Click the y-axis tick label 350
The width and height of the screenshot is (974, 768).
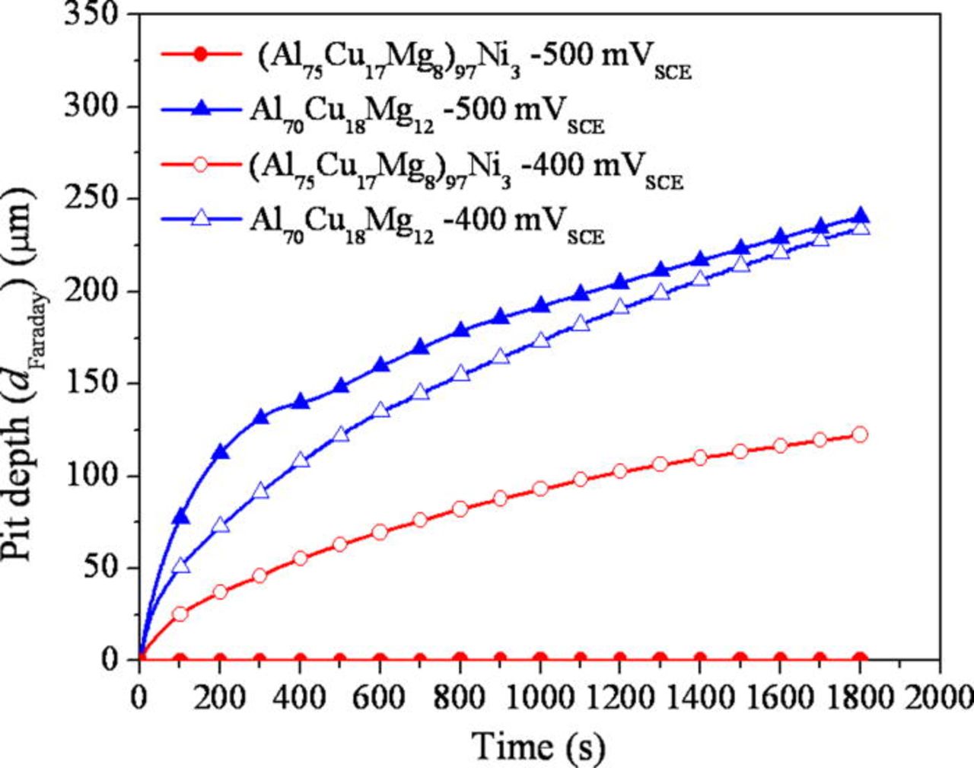92,13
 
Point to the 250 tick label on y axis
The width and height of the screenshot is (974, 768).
92,198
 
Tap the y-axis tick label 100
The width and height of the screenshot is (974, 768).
92,475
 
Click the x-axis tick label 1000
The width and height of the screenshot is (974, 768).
539,696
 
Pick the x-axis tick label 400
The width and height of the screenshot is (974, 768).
299,696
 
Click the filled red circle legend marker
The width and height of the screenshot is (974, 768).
199,54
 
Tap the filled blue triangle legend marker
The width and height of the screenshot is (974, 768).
199,109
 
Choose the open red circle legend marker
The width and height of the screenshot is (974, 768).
199,164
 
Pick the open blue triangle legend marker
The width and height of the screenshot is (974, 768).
199,219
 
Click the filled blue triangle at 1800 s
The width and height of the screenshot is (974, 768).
860,216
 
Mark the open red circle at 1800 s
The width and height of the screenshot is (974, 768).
860,434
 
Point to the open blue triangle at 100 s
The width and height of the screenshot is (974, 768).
180,566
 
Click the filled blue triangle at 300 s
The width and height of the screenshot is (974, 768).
260,417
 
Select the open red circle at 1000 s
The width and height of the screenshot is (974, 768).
540,489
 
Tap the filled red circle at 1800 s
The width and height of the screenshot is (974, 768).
860,659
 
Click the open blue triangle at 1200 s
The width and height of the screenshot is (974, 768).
620,307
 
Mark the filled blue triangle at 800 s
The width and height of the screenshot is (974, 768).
460,330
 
